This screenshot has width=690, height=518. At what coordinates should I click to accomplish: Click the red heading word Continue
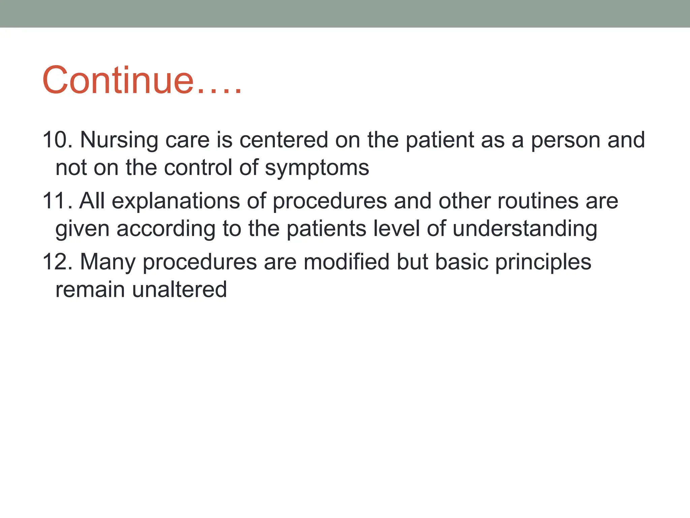pos(118,80)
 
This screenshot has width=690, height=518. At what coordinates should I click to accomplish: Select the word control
pos(198,167)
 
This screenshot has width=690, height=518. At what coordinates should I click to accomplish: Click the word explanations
pos(176,202)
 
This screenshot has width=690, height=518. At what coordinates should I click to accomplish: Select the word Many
pos(108,262)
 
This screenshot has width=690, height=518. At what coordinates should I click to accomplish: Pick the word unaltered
pos(179,289)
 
